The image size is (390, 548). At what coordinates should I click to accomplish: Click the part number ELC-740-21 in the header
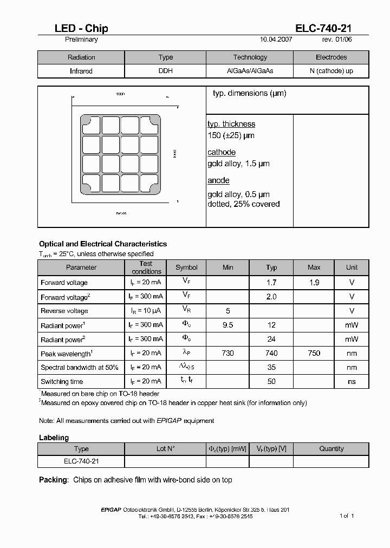click(323, 29)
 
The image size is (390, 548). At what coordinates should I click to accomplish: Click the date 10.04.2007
click(277, 40)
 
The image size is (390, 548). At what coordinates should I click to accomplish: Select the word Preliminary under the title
click(81, 40)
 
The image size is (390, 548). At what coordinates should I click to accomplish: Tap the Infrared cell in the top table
click(81, 71)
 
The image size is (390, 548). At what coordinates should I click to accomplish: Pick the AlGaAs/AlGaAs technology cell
click(250, 71)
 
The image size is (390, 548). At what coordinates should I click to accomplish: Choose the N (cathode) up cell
click(331, 71)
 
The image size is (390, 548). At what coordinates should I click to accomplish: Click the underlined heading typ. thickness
click(231, 124)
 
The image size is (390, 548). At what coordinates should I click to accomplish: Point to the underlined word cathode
click(222, 152)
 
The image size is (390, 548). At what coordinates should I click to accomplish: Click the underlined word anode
click(218, 180)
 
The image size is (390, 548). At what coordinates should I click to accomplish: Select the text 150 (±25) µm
click(231, 135)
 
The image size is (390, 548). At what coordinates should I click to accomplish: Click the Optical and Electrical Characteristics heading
click(103, 244)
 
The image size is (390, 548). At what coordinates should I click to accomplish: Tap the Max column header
click(314, 268)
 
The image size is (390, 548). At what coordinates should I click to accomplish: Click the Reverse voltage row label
click(64, 311)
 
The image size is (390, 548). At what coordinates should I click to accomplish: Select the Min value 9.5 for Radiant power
click(228, 325)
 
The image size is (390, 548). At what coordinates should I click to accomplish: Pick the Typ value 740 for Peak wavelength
click(271, 353)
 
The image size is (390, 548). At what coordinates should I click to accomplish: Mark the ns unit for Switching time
click(352, 381)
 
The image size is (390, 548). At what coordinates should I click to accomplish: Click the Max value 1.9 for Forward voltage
click(314, 283)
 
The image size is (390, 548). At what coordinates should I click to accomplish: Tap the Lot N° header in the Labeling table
click(165, 448)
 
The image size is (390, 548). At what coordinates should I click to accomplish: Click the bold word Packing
click(54, 480)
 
